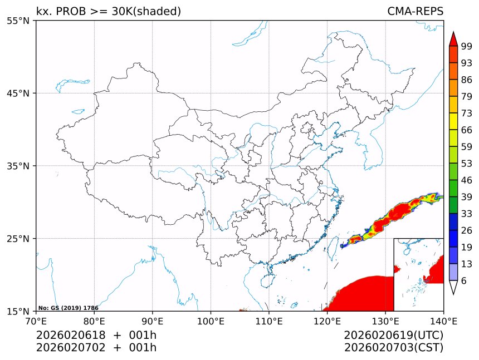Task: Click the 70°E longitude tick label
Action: (x=36, y=321)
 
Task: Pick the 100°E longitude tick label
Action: (x=211, y=321)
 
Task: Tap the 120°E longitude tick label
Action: (x=327, y=321)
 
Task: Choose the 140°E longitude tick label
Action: (x=444, y=321)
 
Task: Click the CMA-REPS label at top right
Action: (x=415, y=11)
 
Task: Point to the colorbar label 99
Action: (x=467, y=46)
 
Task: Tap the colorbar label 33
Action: (x=467, y=214)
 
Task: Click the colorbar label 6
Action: (x=464, y=281)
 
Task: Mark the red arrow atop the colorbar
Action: (x=453, y=38)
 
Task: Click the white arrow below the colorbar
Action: (x=453, y=287)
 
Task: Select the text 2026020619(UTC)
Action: (x=393, y=335)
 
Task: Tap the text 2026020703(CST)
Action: (x=393, y=348)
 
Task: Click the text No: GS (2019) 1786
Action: (x=68, y=308)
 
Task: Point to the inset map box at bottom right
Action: (x=418, y=274)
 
